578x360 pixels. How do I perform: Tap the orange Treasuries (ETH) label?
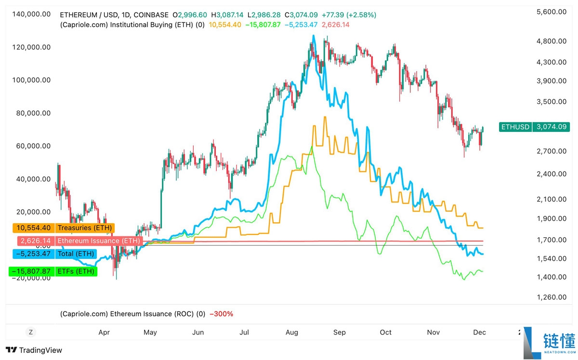coord(62,228)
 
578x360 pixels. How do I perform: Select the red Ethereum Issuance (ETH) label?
coord(79,241)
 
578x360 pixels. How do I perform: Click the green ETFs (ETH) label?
coord(53,271)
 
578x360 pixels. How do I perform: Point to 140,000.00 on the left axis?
coord(31,14)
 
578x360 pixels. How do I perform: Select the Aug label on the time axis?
coord(292,332)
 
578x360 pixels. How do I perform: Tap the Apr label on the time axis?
coord(104,332)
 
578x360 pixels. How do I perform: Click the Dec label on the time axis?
coord(479,332)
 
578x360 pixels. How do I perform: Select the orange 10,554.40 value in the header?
coord(225,25)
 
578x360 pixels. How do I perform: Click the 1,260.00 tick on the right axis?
coord(551,297)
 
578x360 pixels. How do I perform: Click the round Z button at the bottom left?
coord(31,332)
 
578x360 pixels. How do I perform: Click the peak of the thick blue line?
coord(314,36)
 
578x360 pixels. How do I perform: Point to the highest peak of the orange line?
coord(325,117)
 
